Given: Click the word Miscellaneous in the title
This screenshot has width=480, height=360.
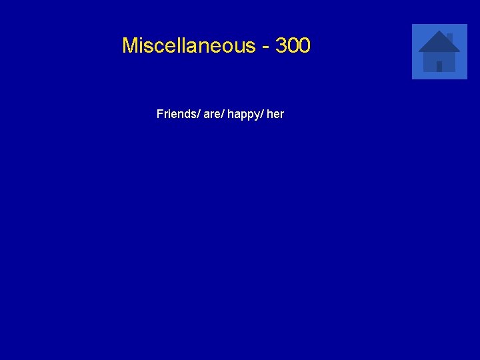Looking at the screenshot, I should (x=189, y=46).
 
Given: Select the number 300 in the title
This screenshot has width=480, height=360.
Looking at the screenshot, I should (x=293, y=46).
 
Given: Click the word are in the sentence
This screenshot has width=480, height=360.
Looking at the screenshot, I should (x=211, y=114).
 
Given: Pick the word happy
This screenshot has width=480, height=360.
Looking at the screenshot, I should (x=243, y=115).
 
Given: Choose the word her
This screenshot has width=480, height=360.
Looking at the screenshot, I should (x=275, y=114).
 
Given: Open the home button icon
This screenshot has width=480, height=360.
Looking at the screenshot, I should (x=439, y=52).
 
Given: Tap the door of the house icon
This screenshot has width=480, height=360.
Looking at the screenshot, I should (x=439, y=66).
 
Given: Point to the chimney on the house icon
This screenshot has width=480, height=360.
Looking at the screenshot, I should (x=449, y=37).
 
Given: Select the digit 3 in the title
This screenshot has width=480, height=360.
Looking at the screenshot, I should (x=281, y=46).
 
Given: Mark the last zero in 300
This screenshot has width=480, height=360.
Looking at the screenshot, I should (x=304, y=46).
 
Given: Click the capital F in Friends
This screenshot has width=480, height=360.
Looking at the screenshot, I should (x=160, y=114).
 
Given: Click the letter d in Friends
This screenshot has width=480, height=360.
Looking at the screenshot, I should (x=186, y=114).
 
